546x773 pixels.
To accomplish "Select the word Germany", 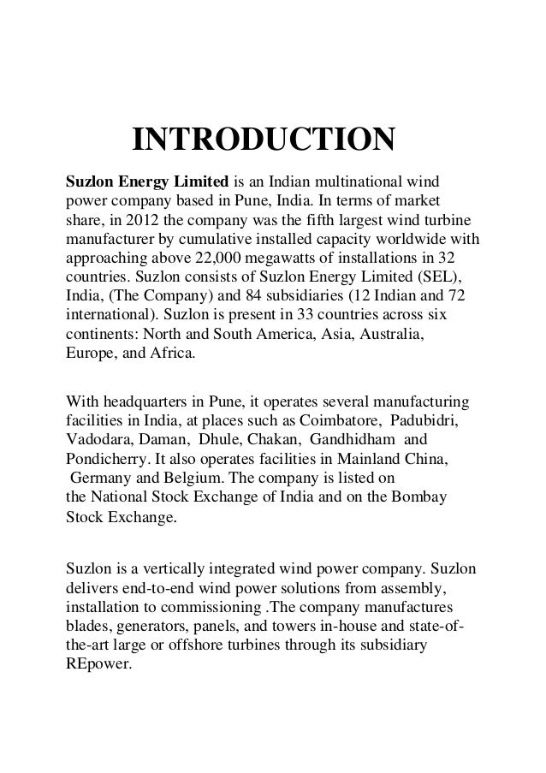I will pos(103,479).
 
